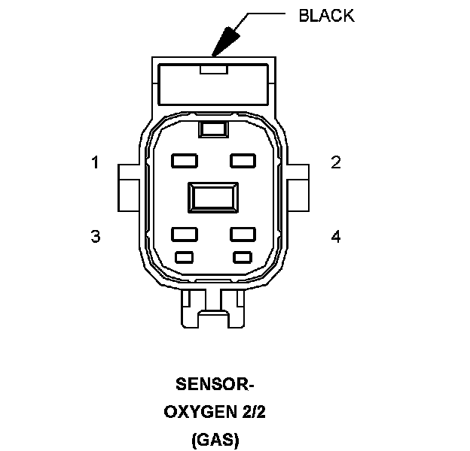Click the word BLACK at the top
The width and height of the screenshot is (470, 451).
point(326,16)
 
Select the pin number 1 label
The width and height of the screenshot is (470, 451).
point(95,162)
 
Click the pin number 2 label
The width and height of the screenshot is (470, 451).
point(336,162)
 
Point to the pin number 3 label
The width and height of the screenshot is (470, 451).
point(95,236)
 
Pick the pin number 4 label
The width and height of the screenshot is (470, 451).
point(336,236)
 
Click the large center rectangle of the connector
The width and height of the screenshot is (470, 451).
point(213,198)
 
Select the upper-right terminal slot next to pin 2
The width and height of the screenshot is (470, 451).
point(243,160)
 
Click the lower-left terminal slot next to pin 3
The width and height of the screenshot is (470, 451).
point(184,234)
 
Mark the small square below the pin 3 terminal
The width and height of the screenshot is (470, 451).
point(184,257)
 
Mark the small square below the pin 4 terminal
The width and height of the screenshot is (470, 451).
point(243,257)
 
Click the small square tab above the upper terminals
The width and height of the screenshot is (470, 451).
point(213,129)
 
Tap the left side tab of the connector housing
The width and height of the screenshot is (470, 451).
point(127,188)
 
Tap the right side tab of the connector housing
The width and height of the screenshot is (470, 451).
point(299,188)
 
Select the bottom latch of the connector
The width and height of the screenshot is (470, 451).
point(213,308)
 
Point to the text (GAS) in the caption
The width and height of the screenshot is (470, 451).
point(214,439)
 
